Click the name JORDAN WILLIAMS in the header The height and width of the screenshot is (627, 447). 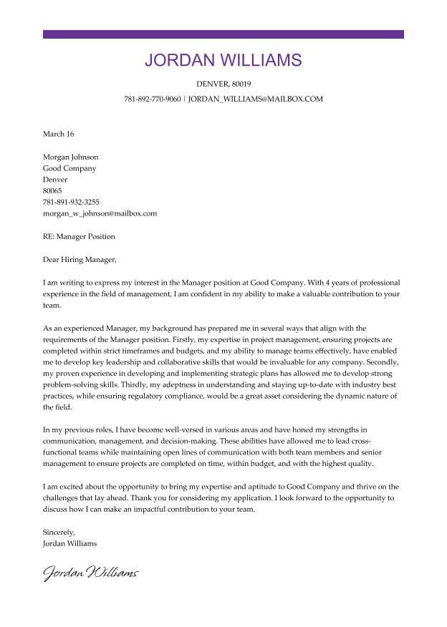pyautogui.click(x=223, y=60)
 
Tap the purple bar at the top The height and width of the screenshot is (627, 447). pyautogui.click(x=223, y=34)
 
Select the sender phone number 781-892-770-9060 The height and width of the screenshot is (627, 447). pyautogui.click(x=152, y=99)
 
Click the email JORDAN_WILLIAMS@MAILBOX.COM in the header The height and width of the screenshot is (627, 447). pyautogui.click(x=256, y=99)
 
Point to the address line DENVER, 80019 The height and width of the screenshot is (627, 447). pyautogui.click(x=223, y=84)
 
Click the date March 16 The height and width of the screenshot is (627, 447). pyautogui.click(x=58, y=134)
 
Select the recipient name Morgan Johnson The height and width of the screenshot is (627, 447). pyautogui.click(x=70, y=157)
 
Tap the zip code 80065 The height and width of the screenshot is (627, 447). pyautogui.click(x=52, y=191)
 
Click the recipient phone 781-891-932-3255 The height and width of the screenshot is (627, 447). pyautogui.click(x=71, y=202)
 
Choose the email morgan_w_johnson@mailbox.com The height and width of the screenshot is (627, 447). pyautogui.click(x=100, y=213)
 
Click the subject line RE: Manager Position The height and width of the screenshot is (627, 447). pyautogui.click(x=79, y=236)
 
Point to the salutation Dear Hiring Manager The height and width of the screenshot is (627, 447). pyautogui.click(x=79, y=259)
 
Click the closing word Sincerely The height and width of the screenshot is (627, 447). pyautogui.click(x=59, y=532)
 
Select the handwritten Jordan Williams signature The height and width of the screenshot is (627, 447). pyautogui.click(x=90, y=573)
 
